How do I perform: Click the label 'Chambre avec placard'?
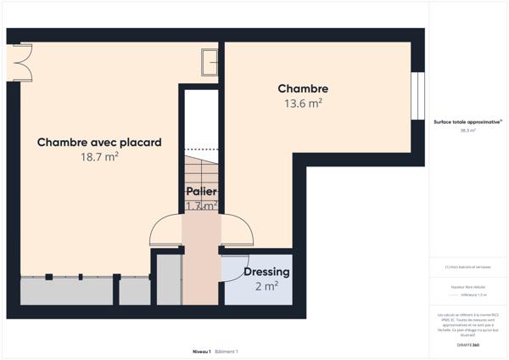pos(99,143)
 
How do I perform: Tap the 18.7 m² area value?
pos(99,157)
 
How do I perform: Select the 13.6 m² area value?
pos(303,103)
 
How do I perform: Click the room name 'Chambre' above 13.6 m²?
pos(303,88)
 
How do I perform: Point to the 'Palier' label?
pos(202,192)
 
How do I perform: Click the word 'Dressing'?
pos(266,272)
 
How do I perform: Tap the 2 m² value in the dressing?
pos(266,287)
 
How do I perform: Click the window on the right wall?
pos(417,97)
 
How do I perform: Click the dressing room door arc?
pos(237,267)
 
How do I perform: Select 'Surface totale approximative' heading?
pos(467,121)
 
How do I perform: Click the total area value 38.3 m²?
pos(467,131)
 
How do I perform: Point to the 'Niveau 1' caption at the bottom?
pos(201,351)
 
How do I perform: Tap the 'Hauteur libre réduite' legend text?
pos(467,288)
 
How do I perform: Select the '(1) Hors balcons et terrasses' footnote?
pos(467,267)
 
